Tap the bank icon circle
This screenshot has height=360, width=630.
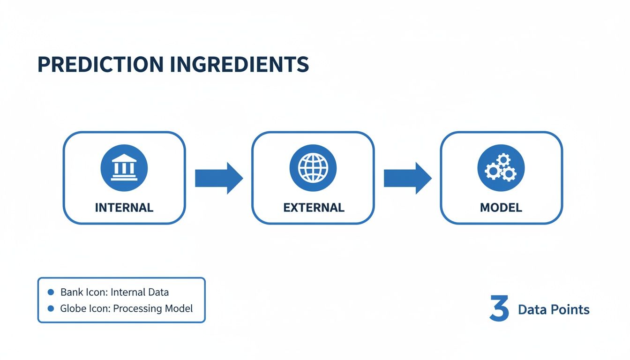124,168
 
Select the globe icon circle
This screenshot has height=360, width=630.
313,168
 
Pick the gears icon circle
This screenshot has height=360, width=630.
501,168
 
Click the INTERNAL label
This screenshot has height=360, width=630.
124,208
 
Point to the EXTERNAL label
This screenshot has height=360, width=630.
314,208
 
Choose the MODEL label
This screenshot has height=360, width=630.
501,208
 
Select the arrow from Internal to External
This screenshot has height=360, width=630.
218,178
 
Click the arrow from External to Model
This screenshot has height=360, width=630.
407,178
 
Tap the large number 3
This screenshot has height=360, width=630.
499,308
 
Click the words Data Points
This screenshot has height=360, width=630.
554,309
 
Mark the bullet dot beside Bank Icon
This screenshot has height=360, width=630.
51,292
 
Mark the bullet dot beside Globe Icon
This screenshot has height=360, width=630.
51,308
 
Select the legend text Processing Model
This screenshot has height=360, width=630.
153,309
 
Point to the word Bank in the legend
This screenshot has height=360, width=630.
71,292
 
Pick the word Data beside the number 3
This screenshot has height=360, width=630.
530,309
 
